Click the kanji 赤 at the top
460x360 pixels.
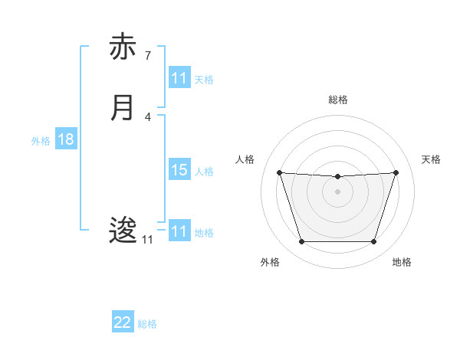(122, 47)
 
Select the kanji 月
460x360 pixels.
(122, 107)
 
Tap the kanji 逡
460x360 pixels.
(122, 231)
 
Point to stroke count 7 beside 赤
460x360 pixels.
(147, 56)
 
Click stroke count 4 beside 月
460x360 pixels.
(147, 116)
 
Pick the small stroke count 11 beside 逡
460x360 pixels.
(147, 240)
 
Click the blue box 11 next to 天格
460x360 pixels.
(179, 78)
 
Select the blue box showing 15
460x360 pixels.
(179, 170)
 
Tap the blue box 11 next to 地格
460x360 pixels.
(179, 231)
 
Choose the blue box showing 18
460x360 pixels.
(66, 140)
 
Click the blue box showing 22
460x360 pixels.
(123, 323)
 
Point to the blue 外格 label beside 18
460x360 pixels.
(41, 141)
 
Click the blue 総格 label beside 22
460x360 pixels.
(148, 324)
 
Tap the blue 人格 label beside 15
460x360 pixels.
(205, 171)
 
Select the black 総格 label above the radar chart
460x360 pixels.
(337, 100)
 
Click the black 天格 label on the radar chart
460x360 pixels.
(431, 159)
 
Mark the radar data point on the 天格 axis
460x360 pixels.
(396, 172)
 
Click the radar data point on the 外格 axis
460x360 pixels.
(301, 242)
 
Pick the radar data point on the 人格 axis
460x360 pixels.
(279, 172)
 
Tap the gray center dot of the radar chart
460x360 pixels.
(337, 191)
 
